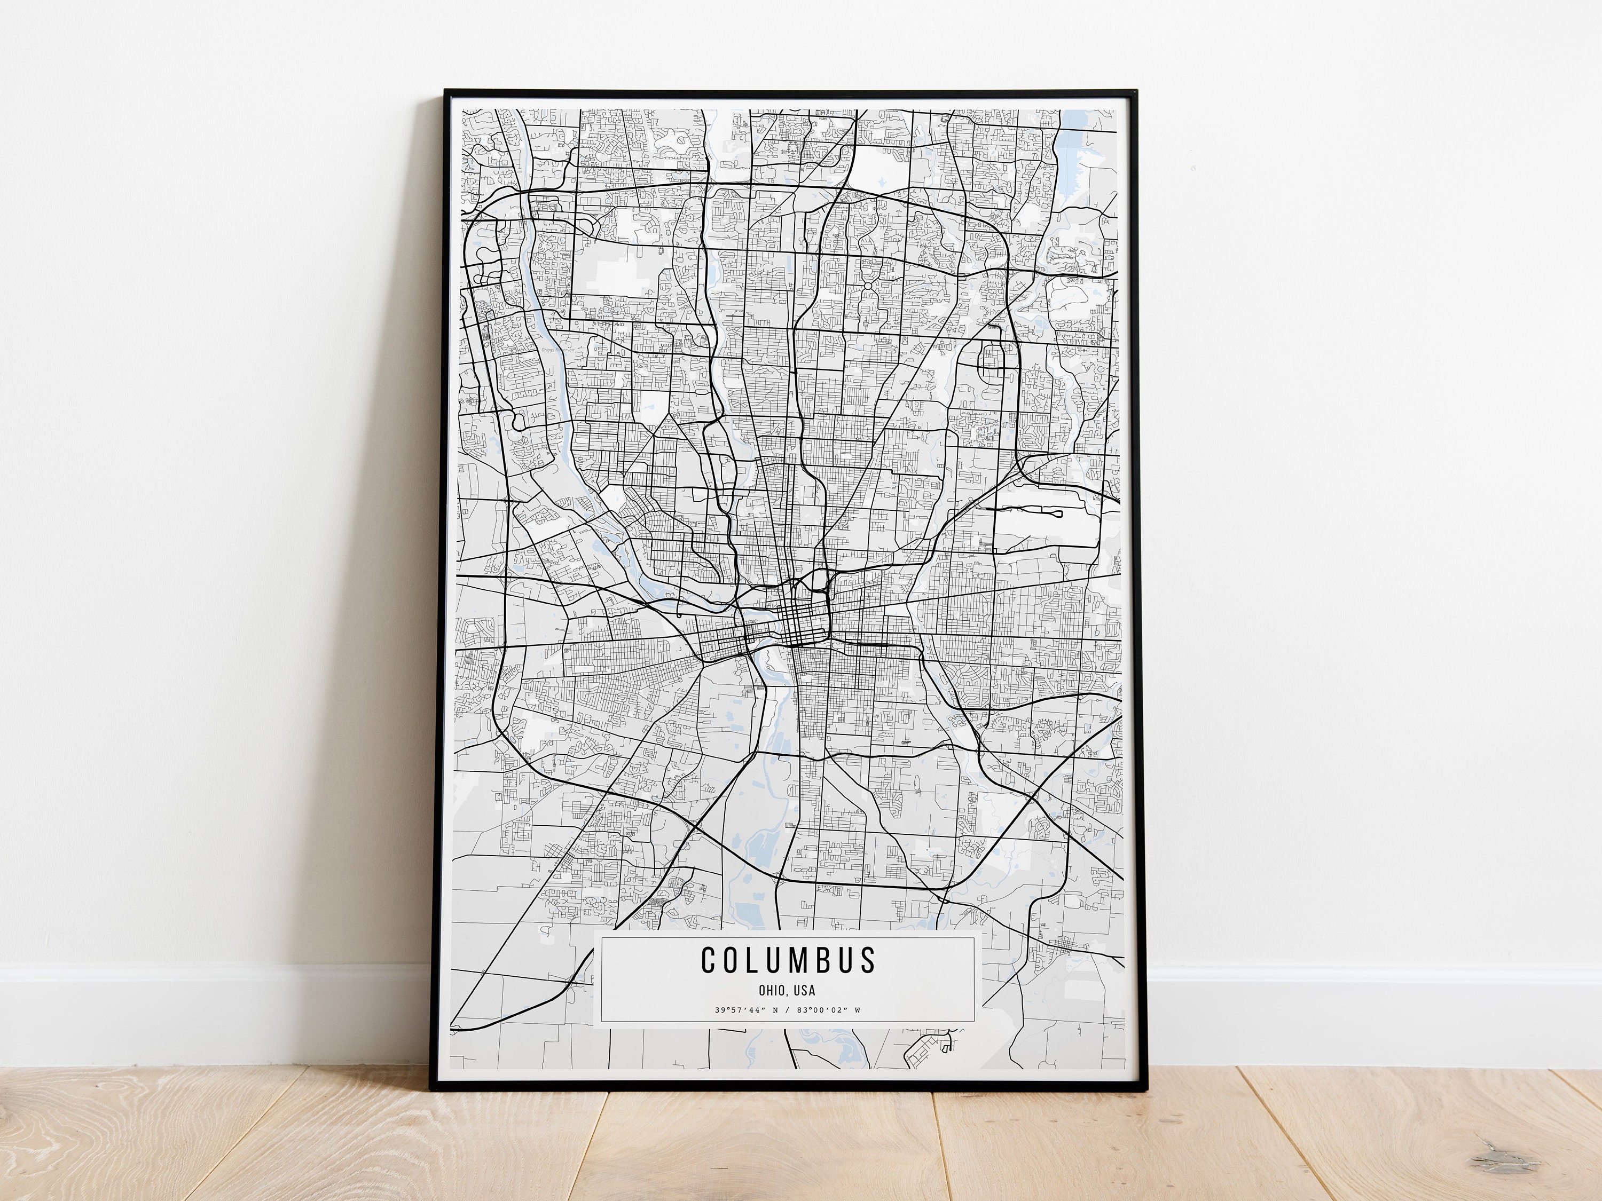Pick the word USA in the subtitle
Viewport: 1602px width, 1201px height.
click(805, 990)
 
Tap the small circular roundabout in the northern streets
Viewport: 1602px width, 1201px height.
click(866, 287)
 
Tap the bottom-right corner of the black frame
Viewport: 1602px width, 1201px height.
click(1137, 1087)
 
